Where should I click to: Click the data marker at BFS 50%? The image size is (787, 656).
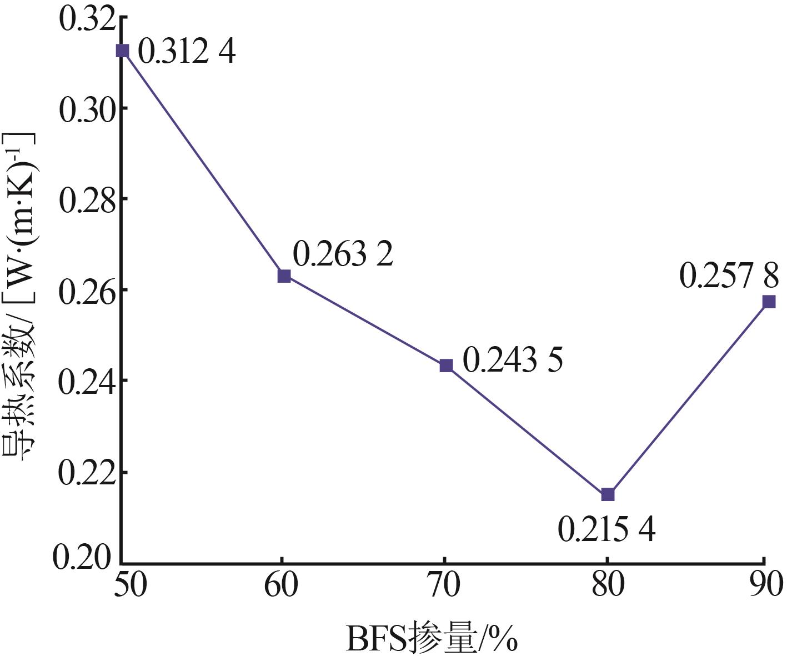[122, 51]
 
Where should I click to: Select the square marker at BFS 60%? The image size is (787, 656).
[284, 276]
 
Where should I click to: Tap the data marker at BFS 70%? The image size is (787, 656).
[446, 365]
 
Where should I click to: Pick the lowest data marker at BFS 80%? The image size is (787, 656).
[608, 494]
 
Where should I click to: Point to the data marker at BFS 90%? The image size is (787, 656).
[769, 302]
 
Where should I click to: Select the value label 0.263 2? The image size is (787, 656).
[343, 254]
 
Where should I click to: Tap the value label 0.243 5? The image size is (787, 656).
[513, 360]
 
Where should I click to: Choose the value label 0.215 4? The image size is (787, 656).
[606, 529]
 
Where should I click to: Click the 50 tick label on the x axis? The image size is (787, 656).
[131, 586]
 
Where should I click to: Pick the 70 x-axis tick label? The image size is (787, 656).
[444, 586]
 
